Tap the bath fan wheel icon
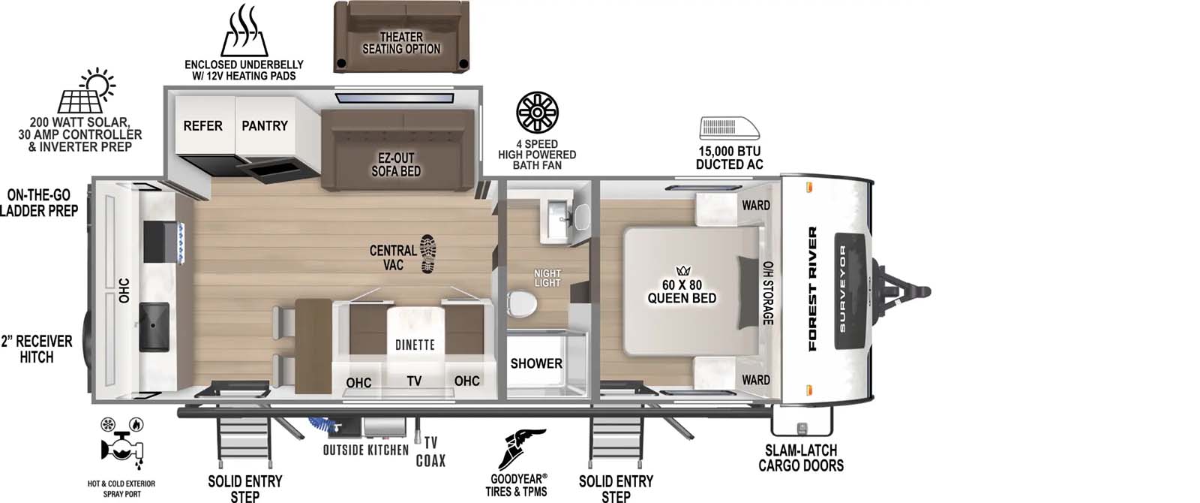coord(538,113)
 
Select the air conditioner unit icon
coord(729,128)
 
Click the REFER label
coord(202,126)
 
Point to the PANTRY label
coord(264,126)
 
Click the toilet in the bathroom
coord(520,303)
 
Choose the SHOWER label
coord(536,363)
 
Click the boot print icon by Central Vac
coord(428,253)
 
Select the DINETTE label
coord(415,345)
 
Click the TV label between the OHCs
coord(414,381)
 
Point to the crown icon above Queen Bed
coord(682,270)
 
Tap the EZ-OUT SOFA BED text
coord(396,164)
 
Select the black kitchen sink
coord(154,326)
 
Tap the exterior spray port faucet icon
coord(121,447)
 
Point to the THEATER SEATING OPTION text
coord(401,43)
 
